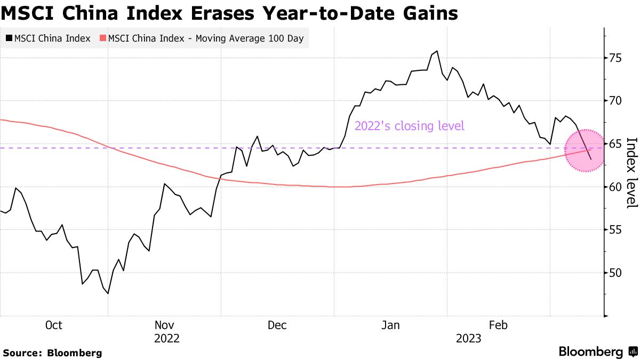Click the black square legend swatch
click(x=9, y=38)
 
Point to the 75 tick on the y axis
click(x=617, y=58)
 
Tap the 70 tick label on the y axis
click(x=617, y=101)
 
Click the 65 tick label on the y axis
click(x=617, y=144)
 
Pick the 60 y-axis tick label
click(x=617, y=187)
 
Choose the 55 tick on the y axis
click(x=617, y=230)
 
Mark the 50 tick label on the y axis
click(x=617, y=273)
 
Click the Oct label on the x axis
click(x=54, y=325)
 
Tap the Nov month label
click(x=165, y=325)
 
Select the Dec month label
click(x=277, y=325)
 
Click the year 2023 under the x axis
click(x=468, y=339)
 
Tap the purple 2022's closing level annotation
click(x=410, y=126)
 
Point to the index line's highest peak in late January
click(x=437, y=51)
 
